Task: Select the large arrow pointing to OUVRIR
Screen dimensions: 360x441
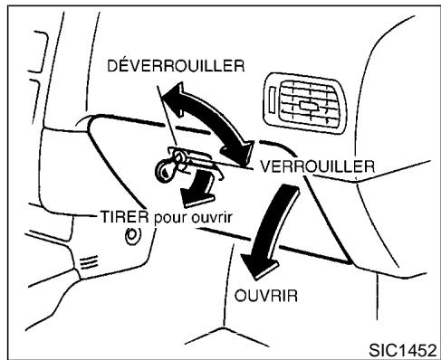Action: (272, 222)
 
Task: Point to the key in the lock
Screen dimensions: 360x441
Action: (169, 167)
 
